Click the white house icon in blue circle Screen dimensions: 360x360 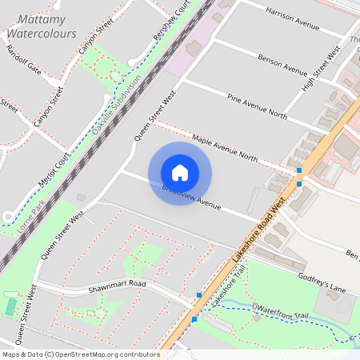[x=180, y=173]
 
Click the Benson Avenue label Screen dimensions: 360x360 [x=283, y=62]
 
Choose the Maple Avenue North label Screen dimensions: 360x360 [x=225, y=148]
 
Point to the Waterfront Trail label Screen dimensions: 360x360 [x=280, y=314]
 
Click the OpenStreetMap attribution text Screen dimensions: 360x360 [x=80, y=354]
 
